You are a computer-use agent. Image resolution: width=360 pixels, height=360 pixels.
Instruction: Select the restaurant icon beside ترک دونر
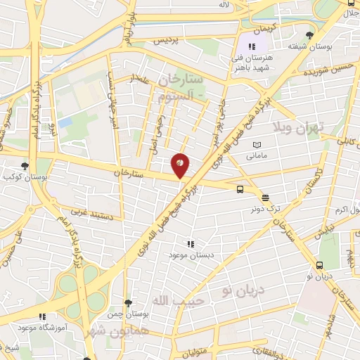point(265,198)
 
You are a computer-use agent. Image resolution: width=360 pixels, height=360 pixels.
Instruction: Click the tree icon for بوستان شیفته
point(309,35)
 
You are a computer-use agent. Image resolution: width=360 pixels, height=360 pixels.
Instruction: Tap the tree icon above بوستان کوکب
point(25,166)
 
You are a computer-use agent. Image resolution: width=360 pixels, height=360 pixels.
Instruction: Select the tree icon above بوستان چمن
point(127,303)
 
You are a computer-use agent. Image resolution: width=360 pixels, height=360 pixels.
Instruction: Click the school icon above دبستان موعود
point(190,243)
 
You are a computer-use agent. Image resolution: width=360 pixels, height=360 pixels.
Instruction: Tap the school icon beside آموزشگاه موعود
point(42,317)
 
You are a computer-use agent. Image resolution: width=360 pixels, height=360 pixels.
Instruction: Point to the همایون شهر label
point(115,330)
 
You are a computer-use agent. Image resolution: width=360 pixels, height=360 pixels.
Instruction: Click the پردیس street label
point(167,40)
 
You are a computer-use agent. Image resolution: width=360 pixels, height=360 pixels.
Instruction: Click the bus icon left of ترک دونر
point(240,189)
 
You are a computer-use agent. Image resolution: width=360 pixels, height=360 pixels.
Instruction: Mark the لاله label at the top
point(224,5)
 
